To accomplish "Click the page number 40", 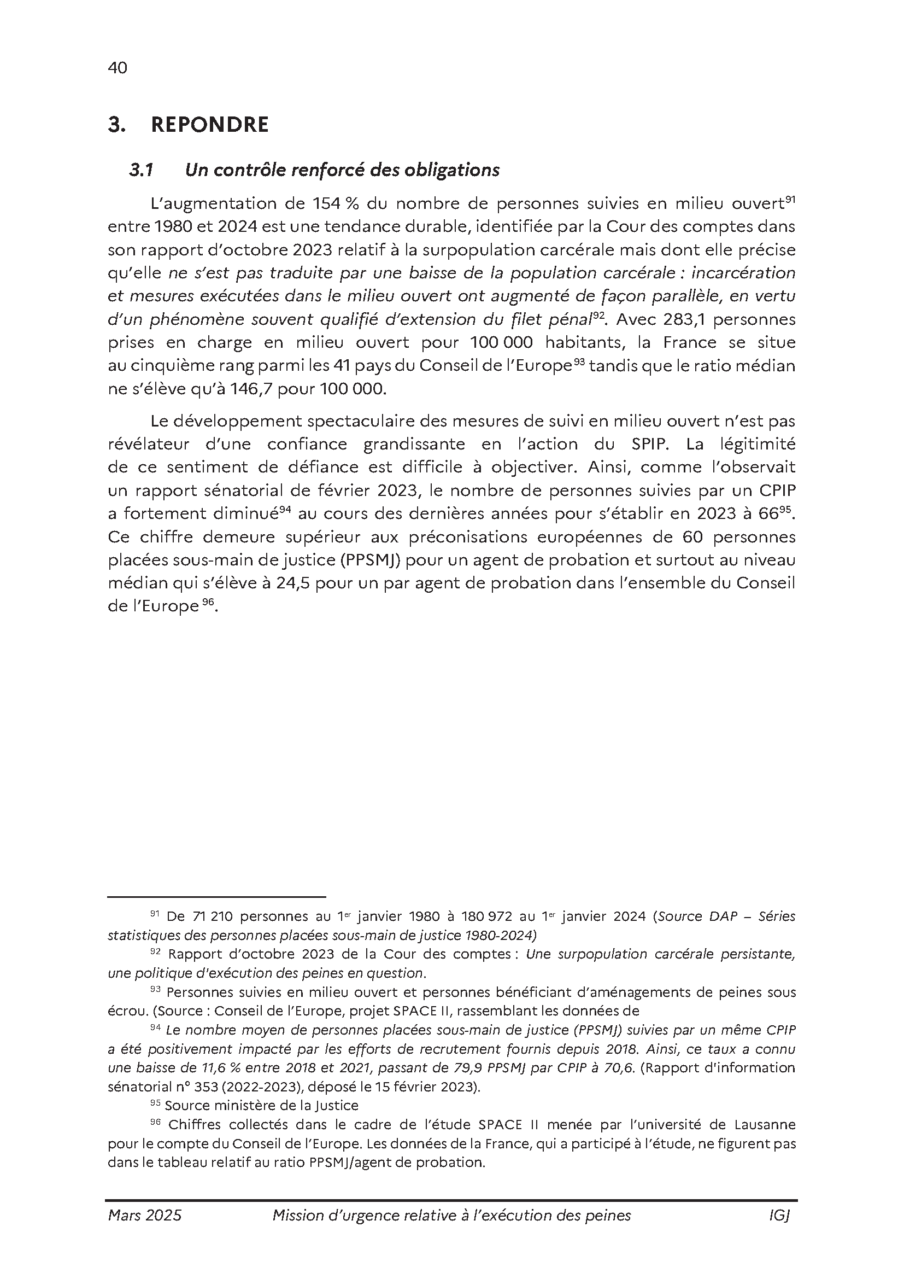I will click(118, 68).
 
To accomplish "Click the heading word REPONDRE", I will click(210, 125).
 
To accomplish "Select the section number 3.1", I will click(142, 170).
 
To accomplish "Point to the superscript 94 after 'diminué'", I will click(285, 509).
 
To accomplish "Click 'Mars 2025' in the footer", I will click(145, 1216).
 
